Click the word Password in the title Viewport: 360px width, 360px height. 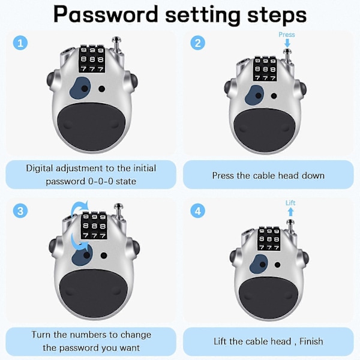[x=106, y=14]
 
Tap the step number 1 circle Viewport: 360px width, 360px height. [x=20, y=43]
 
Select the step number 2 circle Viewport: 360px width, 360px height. [x=197, y=43]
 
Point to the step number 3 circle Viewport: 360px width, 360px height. [x=20, y=211]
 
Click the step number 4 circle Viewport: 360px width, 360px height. [x=197, y=211]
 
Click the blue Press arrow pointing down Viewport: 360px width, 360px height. [x=287, y=43]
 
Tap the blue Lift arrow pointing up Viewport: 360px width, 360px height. [x=290, y=211]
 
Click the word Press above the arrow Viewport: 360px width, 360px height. [x=287, y=34]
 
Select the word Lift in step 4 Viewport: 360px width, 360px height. [x=290, y=203]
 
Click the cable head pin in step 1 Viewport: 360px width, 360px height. [x=117, y=46]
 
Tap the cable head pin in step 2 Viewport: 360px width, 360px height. [x=287, y=56]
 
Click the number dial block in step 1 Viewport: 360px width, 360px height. [x=92, y=59]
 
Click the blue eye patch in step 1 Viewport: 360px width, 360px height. [x=80, y=88]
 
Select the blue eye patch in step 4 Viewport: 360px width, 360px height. [x=259, y=263]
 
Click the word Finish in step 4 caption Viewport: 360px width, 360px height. [x=311, y=341]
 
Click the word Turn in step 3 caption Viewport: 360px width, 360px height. [x=41, y=335]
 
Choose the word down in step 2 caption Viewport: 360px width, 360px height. [x=313, y=176]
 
